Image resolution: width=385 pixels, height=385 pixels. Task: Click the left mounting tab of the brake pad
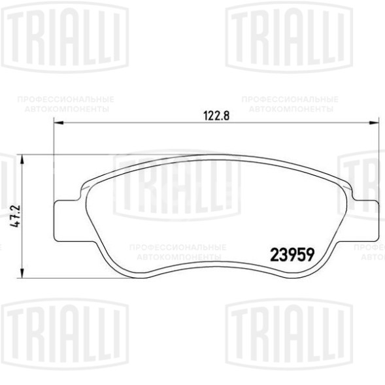65,221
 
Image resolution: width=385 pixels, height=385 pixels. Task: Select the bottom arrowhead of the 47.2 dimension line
23,274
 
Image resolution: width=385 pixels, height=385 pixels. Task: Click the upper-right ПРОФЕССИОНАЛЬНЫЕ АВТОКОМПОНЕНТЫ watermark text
290,104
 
